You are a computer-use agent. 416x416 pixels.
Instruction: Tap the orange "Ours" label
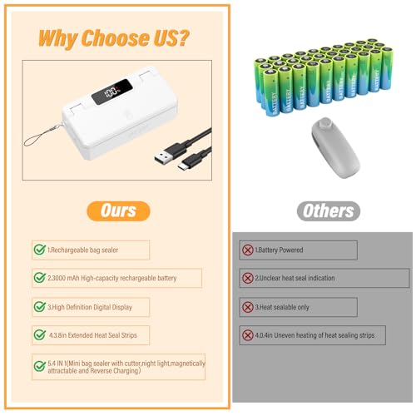(118, 210)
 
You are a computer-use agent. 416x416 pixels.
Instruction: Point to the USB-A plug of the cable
(163, 155)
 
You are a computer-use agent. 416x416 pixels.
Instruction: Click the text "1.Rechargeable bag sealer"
(87, 250)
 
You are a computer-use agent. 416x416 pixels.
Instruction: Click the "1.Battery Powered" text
(280, 250)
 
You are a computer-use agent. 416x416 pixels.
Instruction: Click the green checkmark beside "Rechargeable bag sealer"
(39, 250)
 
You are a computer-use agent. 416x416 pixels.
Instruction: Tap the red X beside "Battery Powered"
(247, 250)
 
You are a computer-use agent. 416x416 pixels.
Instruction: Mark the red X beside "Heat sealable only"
(247, 306)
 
